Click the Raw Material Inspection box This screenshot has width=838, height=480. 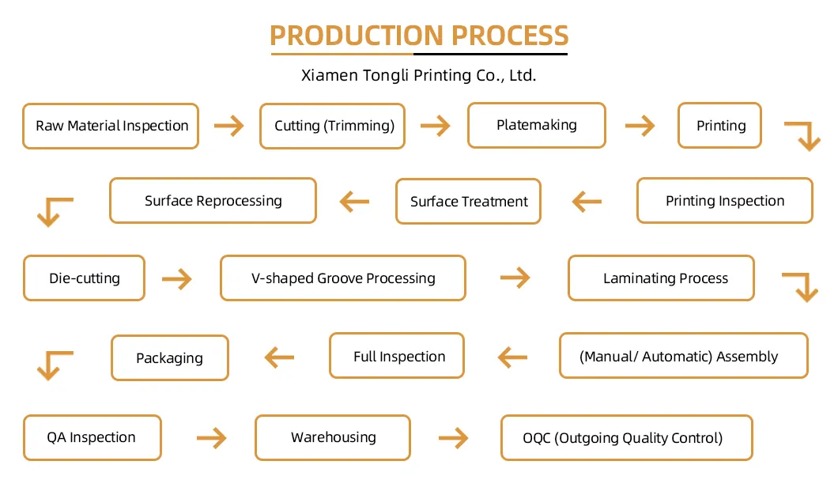pyautogui.click(x=111, y=127)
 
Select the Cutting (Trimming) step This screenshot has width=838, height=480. pyautogui.click(x=332, y=127)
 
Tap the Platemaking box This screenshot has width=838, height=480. pyautogui.click(x=537, y=125)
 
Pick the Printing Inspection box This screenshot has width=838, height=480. pyautogui.click(x=725, y=200)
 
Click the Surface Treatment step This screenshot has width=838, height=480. pyautogui.click(x=469, y=202)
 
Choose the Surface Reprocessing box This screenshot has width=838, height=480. pyautogui.click(x=213, y=200)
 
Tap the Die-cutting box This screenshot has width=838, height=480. pyautogui.click(x=85, y=278)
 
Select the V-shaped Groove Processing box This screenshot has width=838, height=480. pyautogui.click(x=343, y=278)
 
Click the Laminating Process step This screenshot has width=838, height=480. pyautogui.click(x=662, y=278)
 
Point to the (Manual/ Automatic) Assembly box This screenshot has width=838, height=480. pyautogui.click(x=684, y=356)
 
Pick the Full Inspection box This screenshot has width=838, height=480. pyautogui.click(x=397, y=356)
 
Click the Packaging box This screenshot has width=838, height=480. pyautogui.click(x=170, y=357)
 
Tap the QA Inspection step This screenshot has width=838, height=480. pyautogui.click(x=92, y=438)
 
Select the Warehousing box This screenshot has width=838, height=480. pyautogui.click(x=333, y=438)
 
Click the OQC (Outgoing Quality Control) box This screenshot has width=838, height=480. pyautogui.click(x=627, y=438)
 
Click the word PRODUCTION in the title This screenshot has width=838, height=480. pyautogui.click(x=357, y=36)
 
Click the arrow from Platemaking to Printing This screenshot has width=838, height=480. pyautogui.click(x=640, y=127)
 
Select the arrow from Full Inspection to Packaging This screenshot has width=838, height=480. pyautogui.click(x=280, y=357)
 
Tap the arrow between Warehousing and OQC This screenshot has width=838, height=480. pyautogui.click(x=454, y=438)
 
